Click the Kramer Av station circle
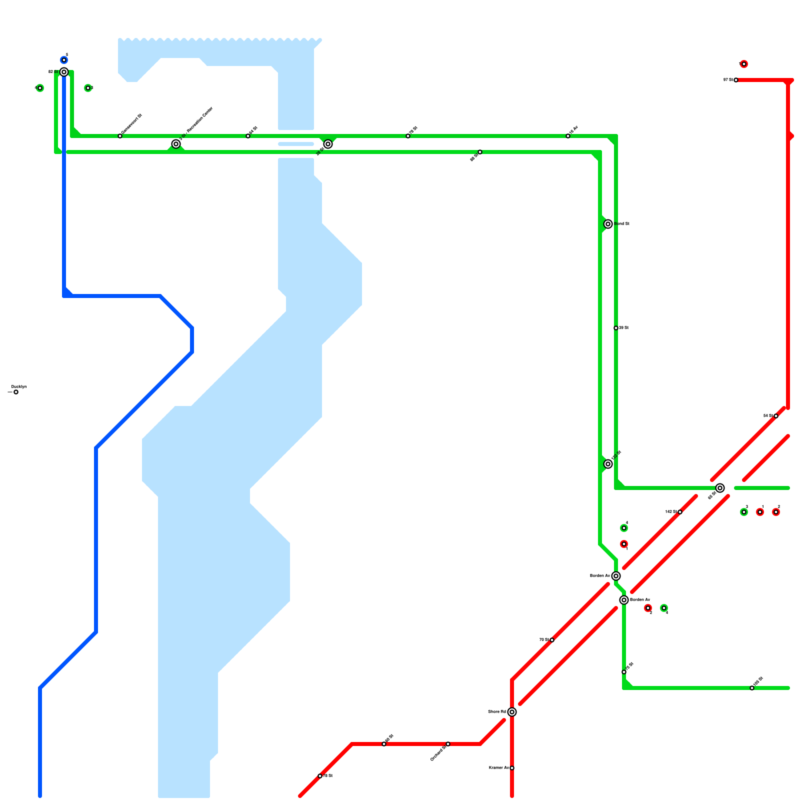click(512, 768)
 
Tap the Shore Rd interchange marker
click(512, 712)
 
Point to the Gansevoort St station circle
click(120, 136)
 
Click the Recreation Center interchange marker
click(176, 144)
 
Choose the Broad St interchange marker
click(608, 224)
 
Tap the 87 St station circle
click(736, 80)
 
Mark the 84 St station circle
click(776, 416)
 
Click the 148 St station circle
click(680, 512)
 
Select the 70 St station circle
click(552, 640)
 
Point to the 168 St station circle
click(752, 688)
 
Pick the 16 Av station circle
click(568, 136)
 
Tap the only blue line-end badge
click(64, 60)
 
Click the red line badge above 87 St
click(744, 64)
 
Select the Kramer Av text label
click(498, 768)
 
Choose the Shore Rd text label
click(497, 712)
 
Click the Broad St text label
click(621, 224)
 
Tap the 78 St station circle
click(320, 776)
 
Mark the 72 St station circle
click(408, 136)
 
